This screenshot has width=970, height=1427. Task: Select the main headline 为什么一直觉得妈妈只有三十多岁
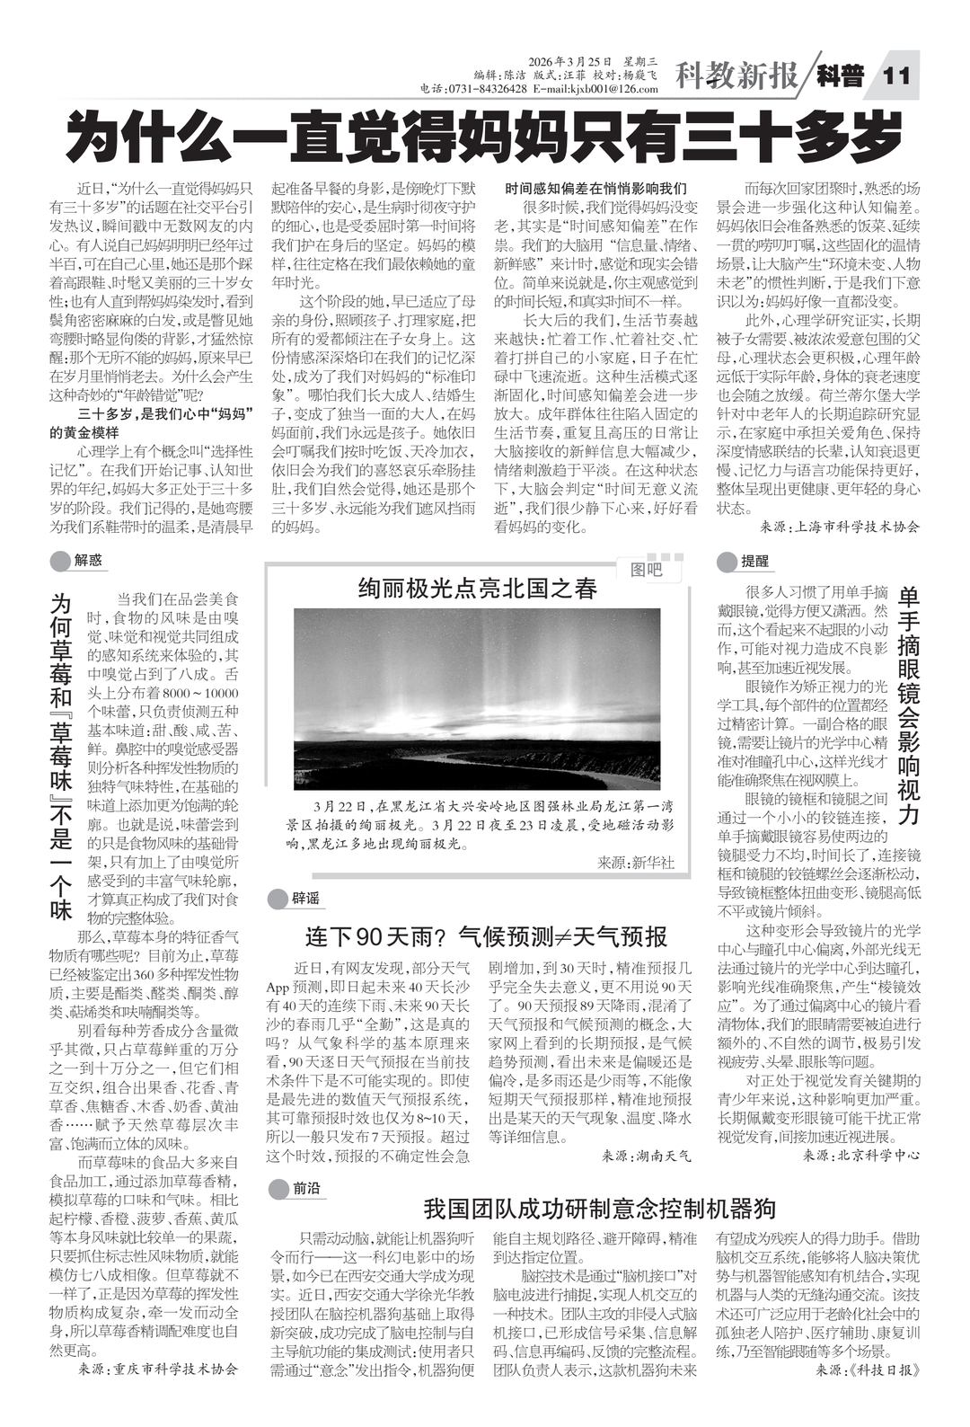485,135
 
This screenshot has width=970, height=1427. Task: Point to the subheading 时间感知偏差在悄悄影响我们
595,189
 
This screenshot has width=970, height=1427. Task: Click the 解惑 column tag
88,561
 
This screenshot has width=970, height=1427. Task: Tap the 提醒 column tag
754,562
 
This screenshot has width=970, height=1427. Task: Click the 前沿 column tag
305,1189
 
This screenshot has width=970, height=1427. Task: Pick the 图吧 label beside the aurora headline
645,570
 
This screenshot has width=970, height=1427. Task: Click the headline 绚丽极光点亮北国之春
477,589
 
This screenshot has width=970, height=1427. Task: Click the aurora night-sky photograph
485,698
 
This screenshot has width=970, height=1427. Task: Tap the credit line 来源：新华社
635,863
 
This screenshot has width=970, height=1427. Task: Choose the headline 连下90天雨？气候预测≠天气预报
485,936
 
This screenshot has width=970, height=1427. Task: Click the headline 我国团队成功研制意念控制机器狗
599,1207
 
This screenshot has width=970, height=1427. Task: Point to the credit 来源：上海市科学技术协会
839,527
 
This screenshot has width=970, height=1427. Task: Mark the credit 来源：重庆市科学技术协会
158,1369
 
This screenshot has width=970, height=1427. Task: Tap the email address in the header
595,89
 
